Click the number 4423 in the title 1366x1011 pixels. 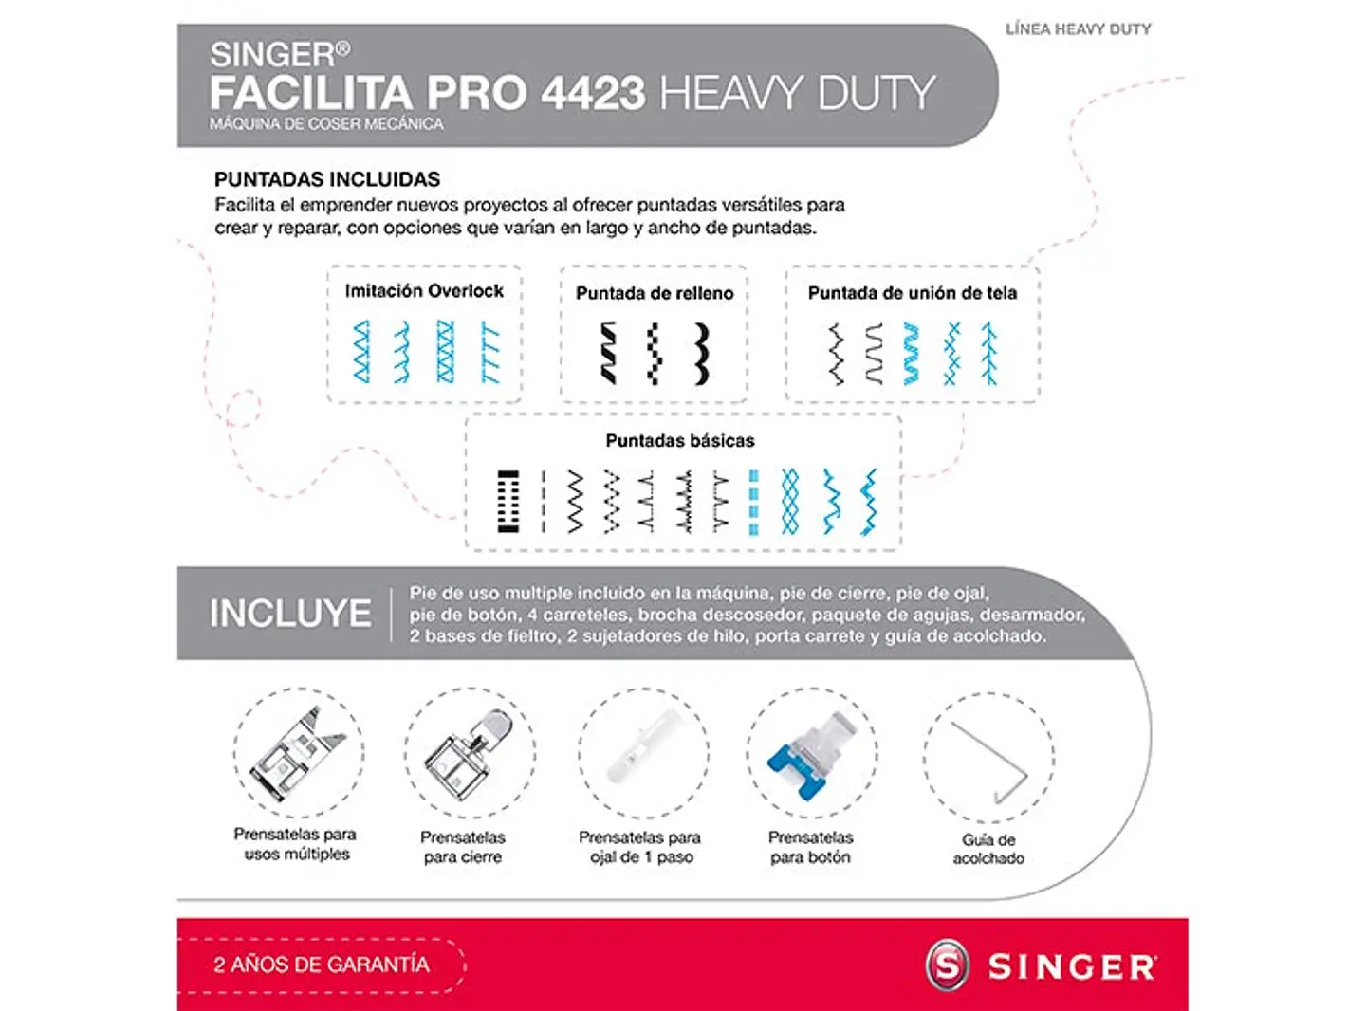pos(593,93)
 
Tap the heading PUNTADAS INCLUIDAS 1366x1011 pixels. pos(327,179)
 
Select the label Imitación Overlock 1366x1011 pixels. pos(424,291)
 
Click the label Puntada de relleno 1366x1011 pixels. pos(655,294)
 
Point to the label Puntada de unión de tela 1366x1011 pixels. pos(912,294)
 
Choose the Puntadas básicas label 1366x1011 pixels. pos(680,441)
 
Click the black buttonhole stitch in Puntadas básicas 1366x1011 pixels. pos(508,501)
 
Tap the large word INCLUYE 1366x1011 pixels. pos(290,614)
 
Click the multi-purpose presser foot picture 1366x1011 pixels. pos(298,753)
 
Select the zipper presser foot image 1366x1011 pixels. pos(469,753)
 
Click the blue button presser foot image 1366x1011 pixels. pos(812,753)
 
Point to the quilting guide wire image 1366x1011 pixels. pos(989,759)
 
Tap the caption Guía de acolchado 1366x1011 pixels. pos(988,849)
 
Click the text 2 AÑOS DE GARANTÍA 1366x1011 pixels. pos(322,965)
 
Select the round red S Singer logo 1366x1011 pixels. pos(948,965)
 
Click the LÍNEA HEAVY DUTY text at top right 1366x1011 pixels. pos(1079,29)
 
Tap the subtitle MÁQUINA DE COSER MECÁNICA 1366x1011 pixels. pos(326,124)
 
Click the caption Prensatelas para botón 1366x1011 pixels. pos(810,847)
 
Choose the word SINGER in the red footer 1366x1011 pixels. pos(1072,967)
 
